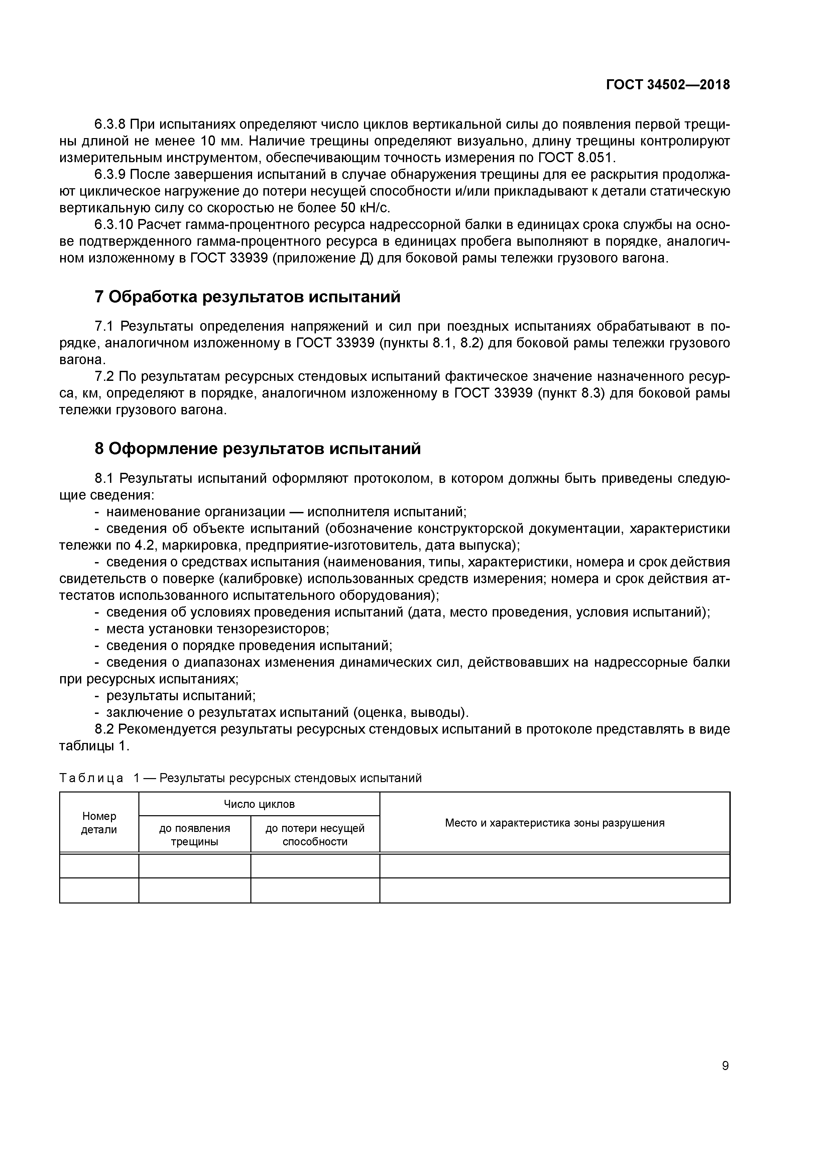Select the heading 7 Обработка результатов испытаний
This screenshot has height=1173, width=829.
[x=248, y=297]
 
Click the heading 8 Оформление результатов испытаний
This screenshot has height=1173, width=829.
[x=258, y=448]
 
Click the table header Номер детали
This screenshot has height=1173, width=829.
[x=99, y=823]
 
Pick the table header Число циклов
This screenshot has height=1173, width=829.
[x=259, y=804]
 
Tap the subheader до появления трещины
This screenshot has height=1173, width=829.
[x=195, y=835]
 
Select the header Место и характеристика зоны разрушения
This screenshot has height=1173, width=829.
[x=555, y=823]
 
